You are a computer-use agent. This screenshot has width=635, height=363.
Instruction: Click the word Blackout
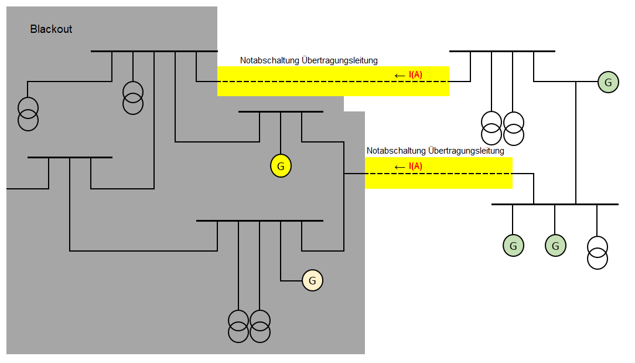click(x=51, y=29)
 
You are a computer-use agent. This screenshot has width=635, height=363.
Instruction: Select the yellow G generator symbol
click(x=281, y=167)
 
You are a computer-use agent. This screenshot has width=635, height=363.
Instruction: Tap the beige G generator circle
click(x=312, y=281)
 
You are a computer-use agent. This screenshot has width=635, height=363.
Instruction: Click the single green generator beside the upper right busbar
click(x=608, y=82)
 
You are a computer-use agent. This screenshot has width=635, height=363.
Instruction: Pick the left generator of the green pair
click(x=513, y=246)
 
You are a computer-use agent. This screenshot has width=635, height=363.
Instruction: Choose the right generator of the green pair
click(x=555, y=246)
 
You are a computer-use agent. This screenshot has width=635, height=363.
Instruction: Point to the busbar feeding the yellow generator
click(x=281, y=111)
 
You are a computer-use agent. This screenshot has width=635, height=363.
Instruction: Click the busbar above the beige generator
click(x=260, y=220)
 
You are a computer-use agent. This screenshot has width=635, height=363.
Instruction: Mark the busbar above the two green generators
click(x=555, y=204)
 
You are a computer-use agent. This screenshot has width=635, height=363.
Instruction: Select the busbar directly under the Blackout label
click(x=154, y=51)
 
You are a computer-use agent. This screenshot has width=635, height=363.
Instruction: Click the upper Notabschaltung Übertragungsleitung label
click(x=309, y=60)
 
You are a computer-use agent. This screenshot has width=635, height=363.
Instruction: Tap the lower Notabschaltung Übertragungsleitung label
click(x=435, y=151)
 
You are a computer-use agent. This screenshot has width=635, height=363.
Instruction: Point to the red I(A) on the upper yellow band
click(x=415, y=74)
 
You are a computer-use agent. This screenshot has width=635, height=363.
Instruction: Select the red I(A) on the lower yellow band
click(x=415, y=166)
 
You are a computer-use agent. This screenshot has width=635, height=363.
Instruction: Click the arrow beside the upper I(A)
click(x=400, y=75)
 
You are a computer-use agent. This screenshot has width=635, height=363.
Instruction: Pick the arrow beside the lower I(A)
click(x=400, y=167)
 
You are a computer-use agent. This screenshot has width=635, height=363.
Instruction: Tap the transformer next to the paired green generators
click(x=598, y=252)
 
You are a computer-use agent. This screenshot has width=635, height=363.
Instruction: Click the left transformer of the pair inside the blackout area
click(x=238, y=326)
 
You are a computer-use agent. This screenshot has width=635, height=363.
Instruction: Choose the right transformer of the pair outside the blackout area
click(x=513, y=128)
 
